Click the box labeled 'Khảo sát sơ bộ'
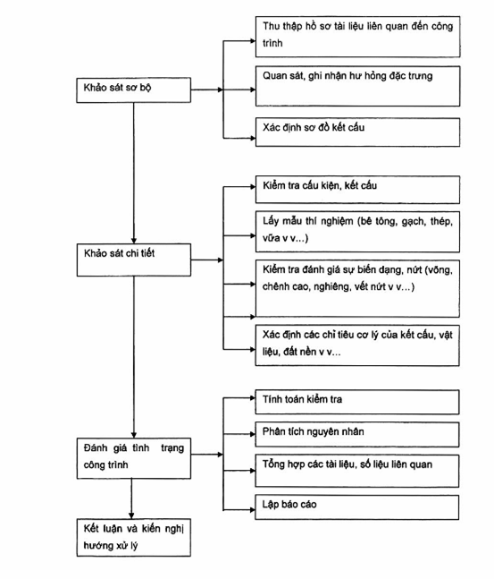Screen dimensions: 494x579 point(133,89)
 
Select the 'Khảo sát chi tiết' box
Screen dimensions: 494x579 point(134,260)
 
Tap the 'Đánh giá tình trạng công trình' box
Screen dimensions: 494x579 point(134,458)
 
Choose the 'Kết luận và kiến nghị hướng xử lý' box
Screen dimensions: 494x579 point(134,537)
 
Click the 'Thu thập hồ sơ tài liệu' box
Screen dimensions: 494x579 point(357,37)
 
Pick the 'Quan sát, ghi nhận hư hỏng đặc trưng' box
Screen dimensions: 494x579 point(357,86)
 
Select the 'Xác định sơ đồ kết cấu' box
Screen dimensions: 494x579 point(357,132)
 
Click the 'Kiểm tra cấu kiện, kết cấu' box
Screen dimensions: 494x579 point(357,190)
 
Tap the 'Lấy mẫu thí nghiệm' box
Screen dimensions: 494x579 point(357,232)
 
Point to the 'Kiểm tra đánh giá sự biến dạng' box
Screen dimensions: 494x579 point(357,288)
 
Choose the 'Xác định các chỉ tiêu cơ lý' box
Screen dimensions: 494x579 point(357,345)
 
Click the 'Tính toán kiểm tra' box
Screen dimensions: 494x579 point(357,402)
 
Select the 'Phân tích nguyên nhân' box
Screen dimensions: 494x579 point(357,435)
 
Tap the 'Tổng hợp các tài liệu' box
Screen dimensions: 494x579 point(357,471)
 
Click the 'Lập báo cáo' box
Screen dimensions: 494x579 point(357,507)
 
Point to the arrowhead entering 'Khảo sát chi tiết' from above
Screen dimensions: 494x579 point(134,241)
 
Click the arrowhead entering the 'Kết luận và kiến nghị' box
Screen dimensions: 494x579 point(131,515)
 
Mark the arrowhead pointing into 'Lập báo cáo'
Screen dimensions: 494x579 point(253,510)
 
